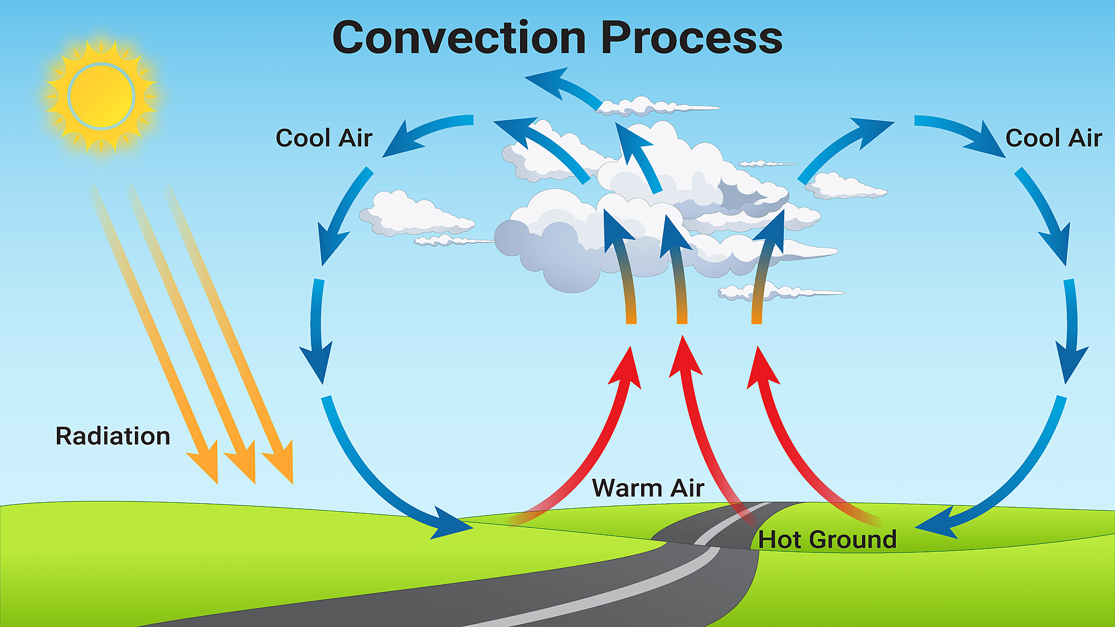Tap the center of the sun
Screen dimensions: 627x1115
click(x=101, y=96)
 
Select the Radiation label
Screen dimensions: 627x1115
click(x=113, y=436)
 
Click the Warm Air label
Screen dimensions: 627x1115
click(x=648, y=488)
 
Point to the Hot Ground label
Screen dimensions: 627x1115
click(x=827, y=539)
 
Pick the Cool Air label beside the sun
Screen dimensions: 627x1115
click(x=323, y=138)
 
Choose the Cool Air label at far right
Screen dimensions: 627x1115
click(x=1054, y=138)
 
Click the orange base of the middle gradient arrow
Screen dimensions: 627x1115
click(x=682, y=315)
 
